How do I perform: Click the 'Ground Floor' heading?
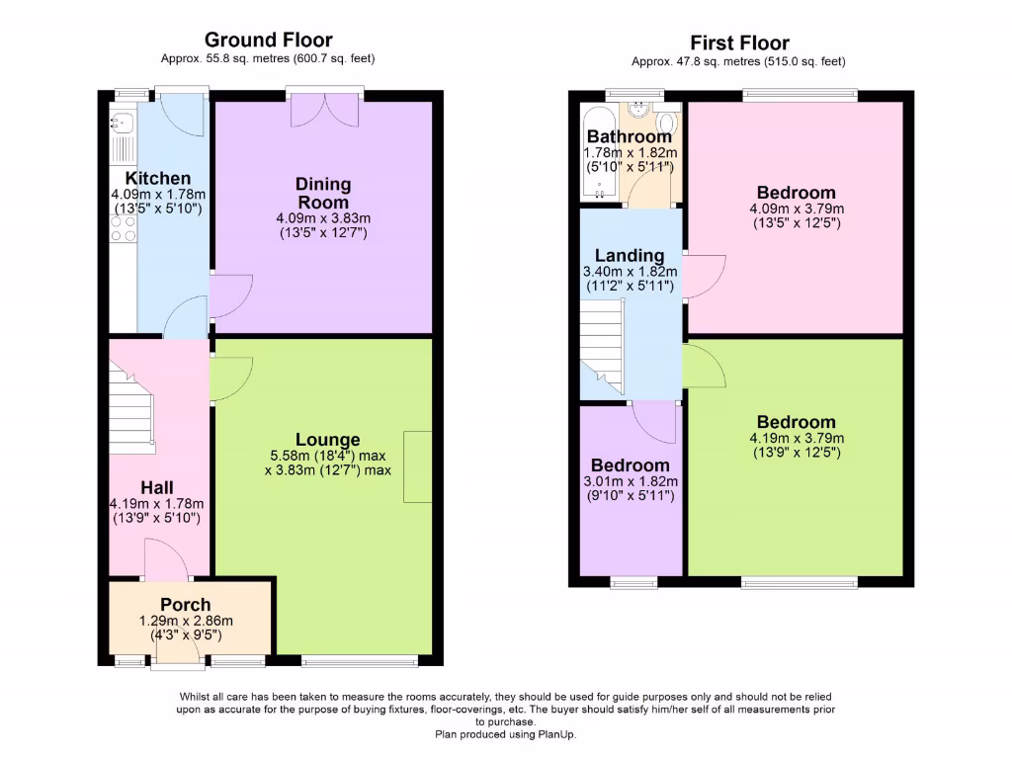[x=268, y=40]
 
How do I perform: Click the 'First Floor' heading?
[x=739, y=42]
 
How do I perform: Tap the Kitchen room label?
[x=158, y=179]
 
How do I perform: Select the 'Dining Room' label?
[x=323, y=193]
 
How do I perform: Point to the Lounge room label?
[x=327, y=440]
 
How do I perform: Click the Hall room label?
[x=157, y=487]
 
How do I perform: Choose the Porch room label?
[x=186, y=605]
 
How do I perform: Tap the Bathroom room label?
[x=629, y=136]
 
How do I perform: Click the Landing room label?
[x=629, y=256]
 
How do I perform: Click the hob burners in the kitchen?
[x=123, y=229]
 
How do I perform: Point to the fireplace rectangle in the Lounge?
[x=418, y=466]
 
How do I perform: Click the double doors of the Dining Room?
[x=324, y=111]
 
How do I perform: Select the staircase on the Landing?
[x=602, y=346]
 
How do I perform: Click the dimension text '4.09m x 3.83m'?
[x=323, y=218]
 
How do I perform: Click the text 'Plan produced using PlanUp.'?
[x=505, y=734]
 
